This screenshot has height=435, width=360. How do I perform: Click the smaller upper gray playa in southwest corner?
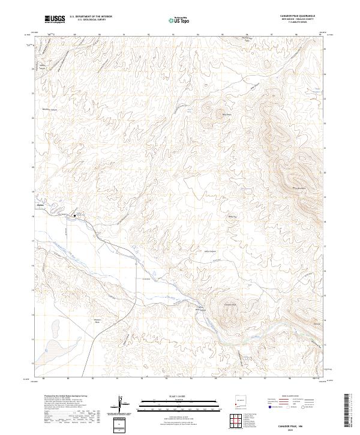pyautogui.click(x=55, y=327)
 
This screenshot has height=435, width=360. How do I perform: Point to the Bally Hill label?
pyautogui.click(x=233, y=217)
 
